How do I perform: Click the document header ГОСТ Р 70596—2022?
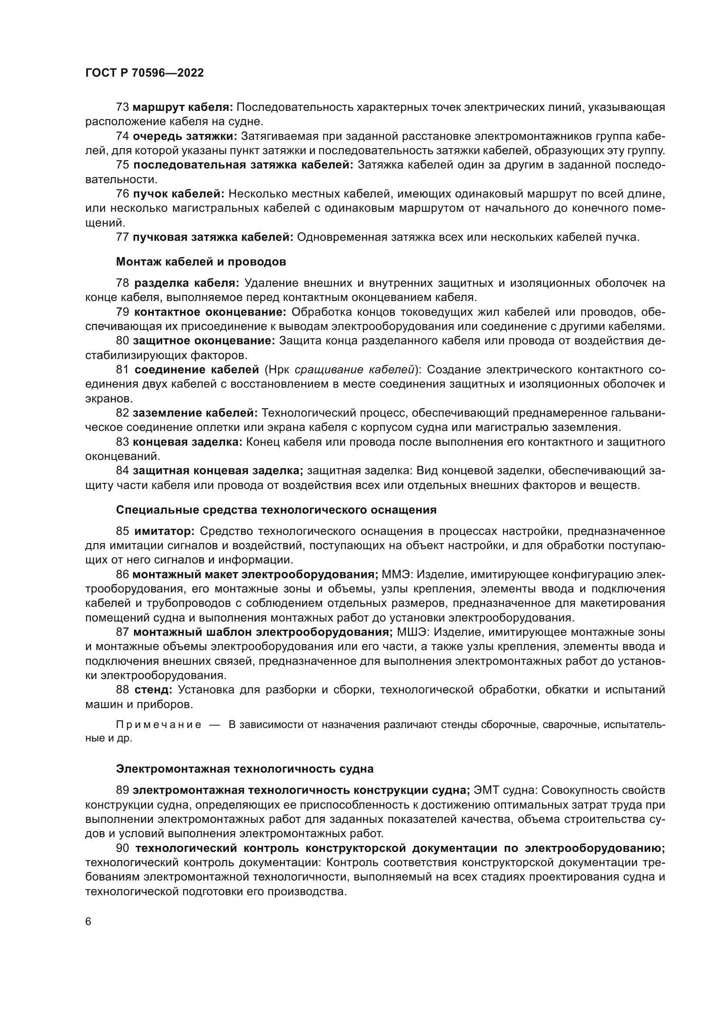click(x=144, y=73)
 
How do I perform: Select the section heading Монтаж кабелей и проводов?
click(x=201, y=262)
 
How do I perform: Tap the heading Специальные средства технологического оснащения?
click(x=276, y=510)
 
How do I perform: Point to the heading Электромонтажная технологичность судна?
click(x=244, y=769)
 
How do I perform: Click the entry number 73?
click(x=122, y=107)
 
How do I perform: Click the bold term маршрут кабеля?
click(x=183, y=107)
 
